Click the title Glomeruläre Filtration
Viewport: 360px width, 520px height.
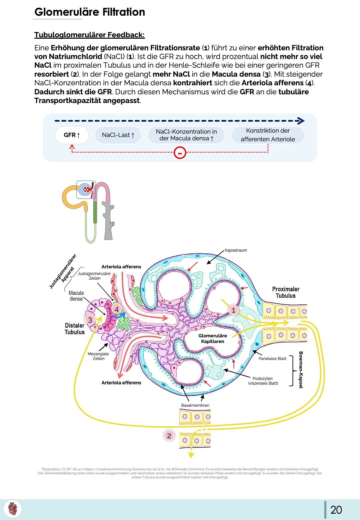pyautogui.click(x=90, y=12)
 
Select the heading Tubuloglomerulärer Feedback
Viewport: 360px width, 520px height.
pyautogui.click(x=89, y=35)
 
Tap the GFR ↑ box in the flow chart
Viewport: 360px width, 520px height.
pyautogui.click(x=72, y=135)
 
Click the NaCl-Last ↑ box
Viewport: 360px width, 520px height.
pyautogui.click(x=118, y=135)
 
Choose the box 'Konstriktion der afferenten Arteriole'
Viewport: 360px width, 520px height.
pyautogui.click(x=268, y=135)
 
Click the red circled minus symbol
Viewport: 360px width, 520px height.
pyautogui.click(x=180, y=153)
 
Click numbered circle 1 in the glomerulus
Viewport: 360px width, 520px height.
pyautogui.click(x=233, y=310)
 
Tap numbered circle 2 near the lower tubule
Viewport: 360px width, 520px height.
pyautogui.click(x=169, y=435)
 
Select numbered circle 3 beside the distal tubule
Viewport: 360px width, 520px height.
pyautogui.click(x=90, y=320)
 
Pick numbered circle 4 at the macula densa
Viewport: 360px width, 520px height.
pyautogui.click(x=117, y=309)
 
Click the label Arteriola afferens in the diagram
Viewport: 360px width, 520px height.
pyautogui.click(x=121, y=267)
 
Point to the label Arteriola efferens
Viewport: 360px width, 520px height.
pyautogui.click(x=121, y=383)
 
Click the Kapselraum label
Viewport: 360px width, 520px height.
pyautogui.click(x=236, y=250)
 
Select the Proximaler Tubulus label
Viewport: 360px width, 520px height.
pyautogui.click(x=286, y=292)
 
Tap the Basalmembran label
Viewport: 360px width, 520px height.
pyautogui.click(x=195, y=405)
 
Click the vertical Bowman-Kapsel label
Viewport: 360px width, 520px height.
pyautogui.click(x=301, y=370)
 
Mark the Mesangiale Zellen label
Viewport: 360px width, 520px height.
pyautogui.click(x=98, y=356)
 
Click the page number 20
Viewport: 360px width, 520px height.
pyautogui.click(x=336, y=510)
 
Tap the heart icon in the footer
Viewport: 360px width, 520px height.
pyautogui.click(x=13, y=509)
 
